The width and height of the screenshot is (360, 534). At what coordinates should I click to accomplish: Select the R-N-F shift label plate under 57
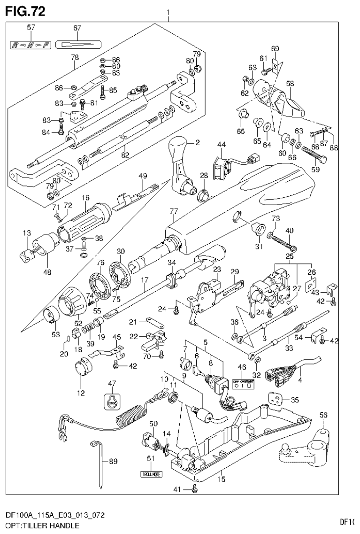click(31, 45)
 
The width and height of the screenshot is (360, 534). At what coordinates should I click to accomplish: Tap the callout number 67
click(77, 28)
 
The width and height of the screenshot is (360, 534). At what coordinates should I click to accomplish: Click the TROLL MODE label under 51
click(151, 474)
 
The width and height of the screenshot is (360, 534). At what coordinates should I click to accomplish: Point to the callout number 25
click(290, 257)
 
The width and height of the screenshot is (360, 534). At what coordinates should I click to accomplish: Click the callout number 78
click(75, 57)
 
